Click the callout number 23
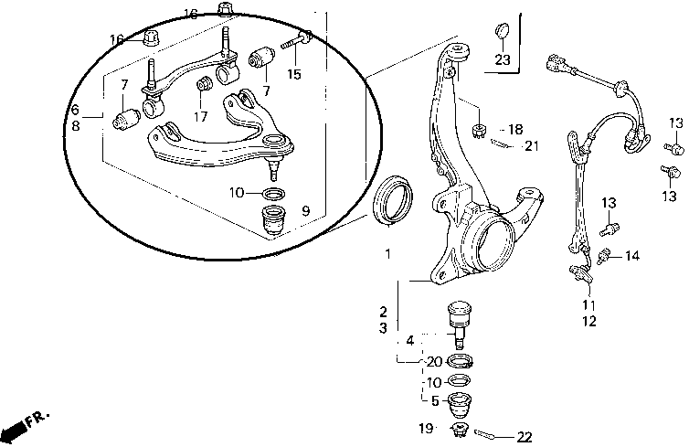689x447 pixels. [x=503, y=59]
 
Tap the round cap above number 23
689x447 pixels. [x=502, y=31]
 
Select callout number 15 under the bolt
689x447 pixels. [x=294, y=74]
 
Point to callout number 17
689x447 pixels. [x=200, y=116]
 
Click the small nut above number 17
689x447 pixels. [x=205, y=83]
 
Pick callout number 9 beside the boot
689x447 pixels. [x=306, y=211]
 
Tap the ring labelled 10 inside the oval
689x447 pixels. [x=273, y=193]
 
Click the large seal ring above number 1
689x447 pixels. [x=392, y=201]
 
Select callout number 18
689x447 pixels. [x=515, y=129]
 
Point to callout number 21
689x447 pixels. [x=531, y=145]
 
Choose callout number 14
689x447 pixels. [x=632, y=255]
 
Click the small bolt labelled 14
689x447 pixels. [x=604, y=256]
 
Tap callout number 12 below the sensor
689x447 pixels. [x=589, y=321]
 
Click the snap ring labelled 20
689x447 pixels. [x=460, y=361]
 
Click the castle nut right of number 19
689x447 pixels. [x=460, y=429]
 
